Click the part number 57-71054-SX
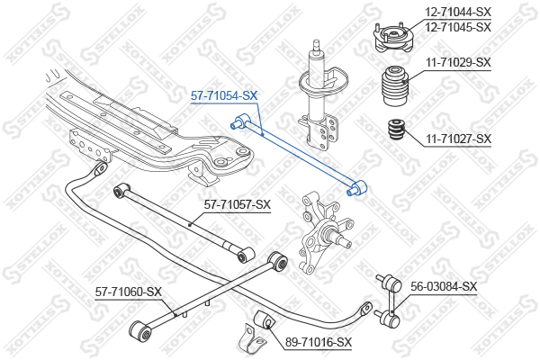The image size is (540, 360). (224, 95)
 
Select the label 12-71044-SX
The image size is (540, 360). (458, 12)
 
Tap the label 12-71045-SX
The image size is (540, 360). (458, 27)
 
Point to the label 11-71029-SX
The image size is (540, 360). (458, 63)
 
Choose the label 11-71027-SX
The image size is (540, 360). (458, 139)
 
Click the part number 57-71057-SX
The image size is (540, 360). (238, 205)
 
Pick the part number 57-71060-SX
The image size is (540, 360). (128, 292)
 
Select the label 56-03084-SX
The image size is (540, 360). (444, 286)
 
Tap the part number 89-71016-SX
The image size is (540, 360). (319, 342)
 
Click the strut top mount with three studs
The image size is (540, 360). (392, 38)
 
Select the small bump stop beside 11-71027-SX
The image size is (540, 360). (396, 130)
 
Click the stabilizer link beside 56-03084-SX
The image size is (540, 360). (390, 301)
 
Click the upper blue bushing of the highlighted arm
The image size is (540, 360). (240, 121)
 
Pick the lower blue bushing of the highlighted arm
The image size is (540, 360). (357, 188)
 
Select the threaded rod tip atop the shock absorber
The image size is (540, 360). (316, 46)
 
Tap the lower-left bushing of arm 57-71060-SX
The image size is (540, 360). (140, 331)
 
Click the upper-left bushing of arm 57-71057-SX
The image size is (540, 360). (121, 191)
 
